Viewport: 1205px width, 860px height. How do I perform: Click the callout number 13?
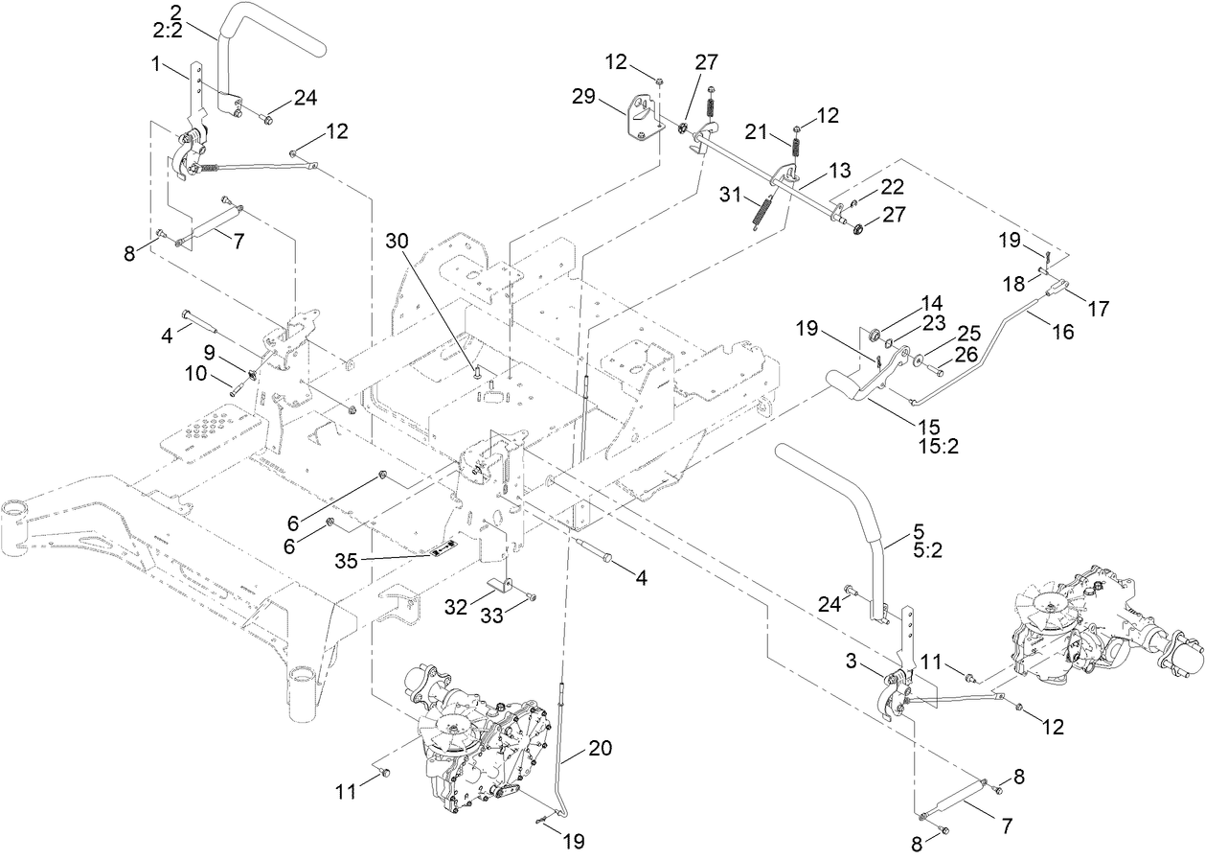point(839,170)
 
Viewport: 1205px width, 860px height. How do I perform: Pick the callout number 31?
point(732,197)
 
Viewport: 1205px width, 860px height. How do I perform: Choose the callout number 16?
point(1063,331)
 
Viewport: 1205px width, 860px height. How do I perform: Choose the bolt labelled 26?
point(939,369)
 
